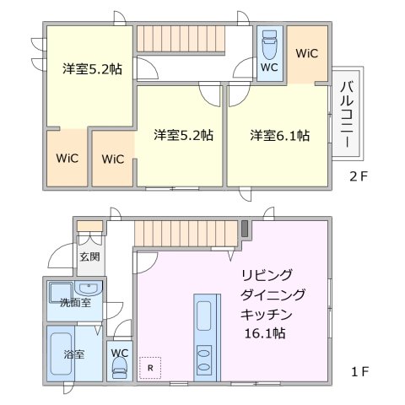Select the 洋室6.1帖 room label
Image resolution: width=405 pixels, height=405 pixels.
(x=278, y=135)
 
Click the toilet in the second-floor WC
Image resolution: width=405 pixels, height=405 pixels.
(x=269, y=44)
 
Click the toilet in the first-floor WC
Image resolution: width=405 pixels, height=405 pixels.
(x=119, y=366)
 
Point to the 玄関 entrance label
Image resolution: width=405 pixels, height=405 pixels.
(x=89, y=256)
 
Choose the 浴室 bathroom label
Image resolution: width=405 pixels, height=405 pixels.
(x=74, y=354)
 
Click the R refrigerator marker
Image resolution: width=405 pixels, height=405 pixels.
(x=149, y=367)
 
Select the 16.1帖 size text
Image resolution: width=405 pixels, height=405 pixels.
(x=265, y=333)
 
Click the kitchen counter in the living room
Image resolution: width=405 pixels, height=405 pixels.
(x=205, y=337)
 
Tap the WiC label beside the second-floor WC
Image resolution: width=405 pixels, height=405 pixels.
(x=306, y=52)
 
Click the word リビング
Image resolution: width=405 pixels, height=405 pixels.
(x=267, y=275)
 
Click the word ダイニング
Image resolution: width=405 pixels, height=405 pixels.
(x=272, y=294)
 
